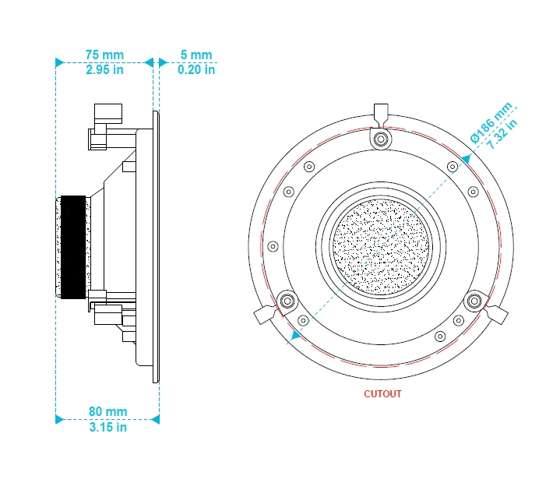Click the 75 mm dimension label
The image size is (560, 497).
[x=104, y=55]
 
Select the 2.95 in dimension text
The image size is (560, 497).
[x=104, y=69]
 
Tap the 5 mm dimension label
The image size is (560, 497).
[x=196, y=55]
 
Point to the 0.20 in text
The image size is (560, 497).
[x=196, y=69]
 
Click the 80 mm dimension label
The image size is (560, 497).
[x=107, y=411]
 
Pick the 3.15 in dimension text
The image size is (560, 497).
[x=107, y=427]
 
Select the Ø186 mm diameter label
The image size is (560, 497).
[x=491, y=122]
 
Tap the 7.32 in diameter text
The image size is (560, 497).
[x=502, y=134]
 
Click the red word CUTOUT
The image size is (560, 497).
[x=382, y=393]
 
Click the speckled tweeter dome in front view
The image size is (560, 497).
[x=381, y=246]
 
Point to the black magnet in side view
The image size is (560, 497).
[x=73, y=247]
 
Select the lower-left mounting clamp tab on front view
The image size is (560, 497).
[x=265, y=315]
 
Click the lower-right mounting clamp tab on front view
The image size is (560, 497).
[x=497, y=315]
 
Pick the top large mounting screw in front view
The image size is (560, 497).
[x=381, y=139]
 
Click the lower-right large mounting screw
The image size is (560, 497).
[x=474, y=301]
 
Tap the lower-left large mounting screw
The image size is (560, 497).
[x=287, y=301]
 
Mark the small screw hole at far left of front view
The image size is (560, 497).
[x=273, y=246]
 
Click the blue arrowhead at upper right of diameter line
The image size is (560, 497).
[x=467, y=160]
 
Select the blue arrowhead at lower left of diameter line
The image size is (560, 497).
[x=295, y=334]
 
